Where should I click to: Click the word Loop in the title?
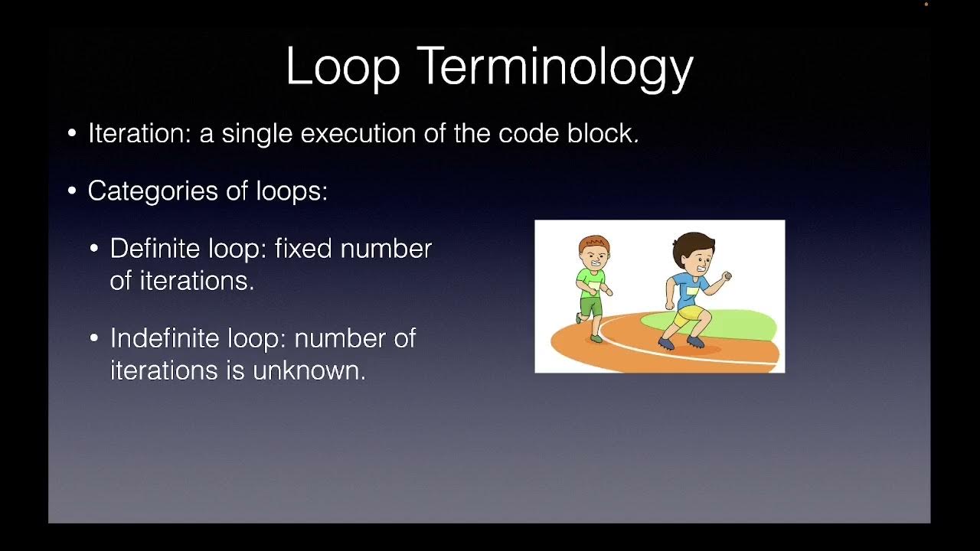(342, 67)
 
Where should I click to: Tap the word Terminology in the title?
(555, 67)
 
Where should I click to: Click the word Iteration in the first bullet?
(139, 133)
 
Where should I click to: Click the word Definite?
(155, 249)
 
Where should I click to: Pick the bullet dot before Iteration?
(72, 134)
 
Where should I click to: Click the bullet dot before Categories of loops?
(72, 191)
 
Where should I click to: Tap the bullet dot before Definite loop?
(94, 249)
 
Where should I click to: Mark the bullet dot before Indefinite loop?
(94, 338)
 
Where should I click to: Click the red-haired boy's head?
(594, 251)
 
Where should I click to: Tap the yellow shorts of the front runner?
(687, 314)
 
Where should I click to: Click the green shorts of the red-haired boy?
(590, 306)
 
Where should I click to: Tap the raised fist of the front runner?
(726, 276)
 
